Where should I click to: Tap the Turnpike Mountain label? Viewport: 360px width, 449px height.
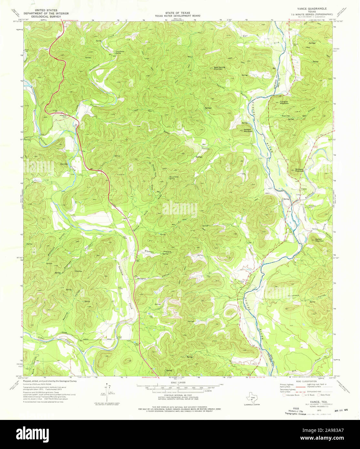click(284, 103)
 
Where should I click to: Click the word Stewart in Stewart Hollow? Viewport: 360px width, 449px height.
click(149, 251)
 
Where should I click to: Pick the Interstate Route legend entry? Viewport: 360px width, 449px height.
click(292, 395)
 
